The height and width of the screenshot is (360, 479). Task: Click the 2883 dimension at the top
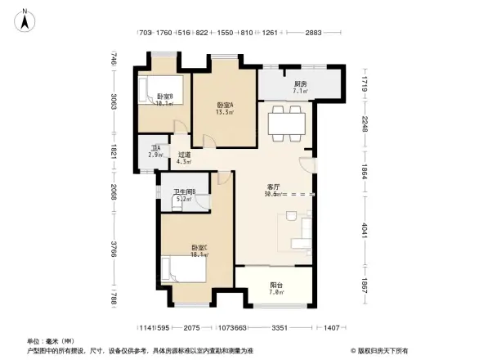312,34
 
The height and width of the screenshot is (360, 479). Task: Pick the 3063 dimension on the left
115,106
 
